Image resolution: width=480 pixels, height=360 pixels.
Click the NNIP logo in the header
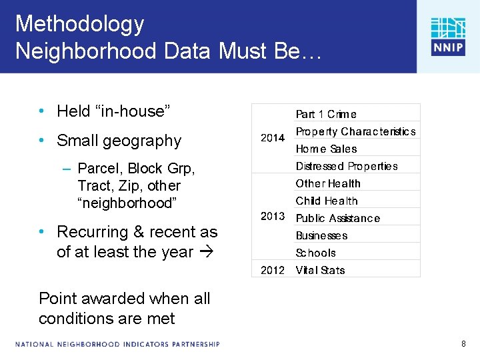447,36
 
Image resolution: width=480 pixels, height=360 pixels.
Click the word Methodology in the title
79,24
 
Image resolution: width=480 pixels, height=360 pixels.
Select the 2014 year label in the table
273,138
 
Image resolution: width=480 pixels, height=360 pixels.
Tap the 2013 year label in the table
273,217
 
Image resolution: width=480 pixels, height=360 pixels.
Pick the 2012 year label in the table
273,270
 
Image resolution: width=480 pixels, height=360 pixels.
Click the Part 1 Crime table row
326,114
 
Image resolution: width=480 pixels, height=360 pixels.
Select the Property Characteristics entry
355,131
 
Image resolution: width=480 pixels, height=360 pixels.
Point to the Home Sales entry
326,149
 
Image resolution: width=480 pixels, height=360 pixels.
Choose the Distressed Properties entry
347,166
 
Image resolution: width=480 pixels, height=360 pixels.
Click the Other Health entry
328,183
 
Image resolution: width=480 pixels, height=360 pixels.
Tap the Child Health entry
327,201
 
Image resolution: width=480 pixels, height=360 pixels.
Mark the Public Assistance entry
337,218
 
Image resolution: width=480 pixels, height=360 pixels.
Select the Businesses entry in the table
321,235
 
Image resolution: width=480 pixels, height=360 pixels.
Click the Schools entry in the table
315,253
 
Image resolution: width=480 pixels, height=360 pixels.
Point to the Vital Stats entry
320,270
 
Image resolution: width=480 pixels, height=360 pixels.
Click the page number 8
463,344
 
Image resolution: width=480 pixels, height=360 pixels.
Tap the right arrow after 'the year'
206,253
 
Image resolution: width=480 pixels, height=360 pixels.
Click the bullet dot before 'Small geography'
42,141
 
